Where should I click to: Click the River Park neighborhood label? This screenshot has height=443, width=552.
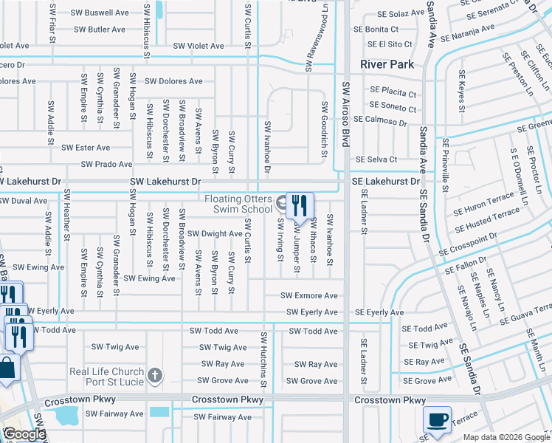pos(387,64)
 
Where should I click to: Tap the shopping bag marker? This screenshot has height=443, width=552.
pos(7,368)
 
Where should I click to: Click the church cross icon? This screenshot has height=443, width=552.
pos(154,376)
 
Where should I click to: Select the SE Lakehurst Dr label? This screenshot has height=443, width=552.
pos(385,181)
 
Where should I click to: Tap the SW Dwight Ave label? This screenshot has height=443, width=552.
pos(215,233)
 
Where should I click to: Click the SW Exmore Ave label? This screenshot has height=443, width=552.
pos(309,296)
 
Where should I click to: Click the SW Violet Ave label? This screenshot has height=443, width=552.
pos(199,46)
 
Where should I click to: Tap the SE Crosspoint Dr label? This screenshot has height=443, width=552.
pos(473,245)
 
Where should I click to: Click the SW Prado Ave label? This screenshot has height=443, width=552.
pos(106,164)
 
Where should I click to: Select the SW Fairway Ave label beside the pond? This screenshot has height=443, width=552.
pos(116,414)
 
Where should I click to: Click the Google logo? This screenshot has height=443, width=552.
pos(25,434)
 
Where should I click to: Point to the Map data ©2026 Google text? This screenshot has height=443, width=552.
pos(506,437)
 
